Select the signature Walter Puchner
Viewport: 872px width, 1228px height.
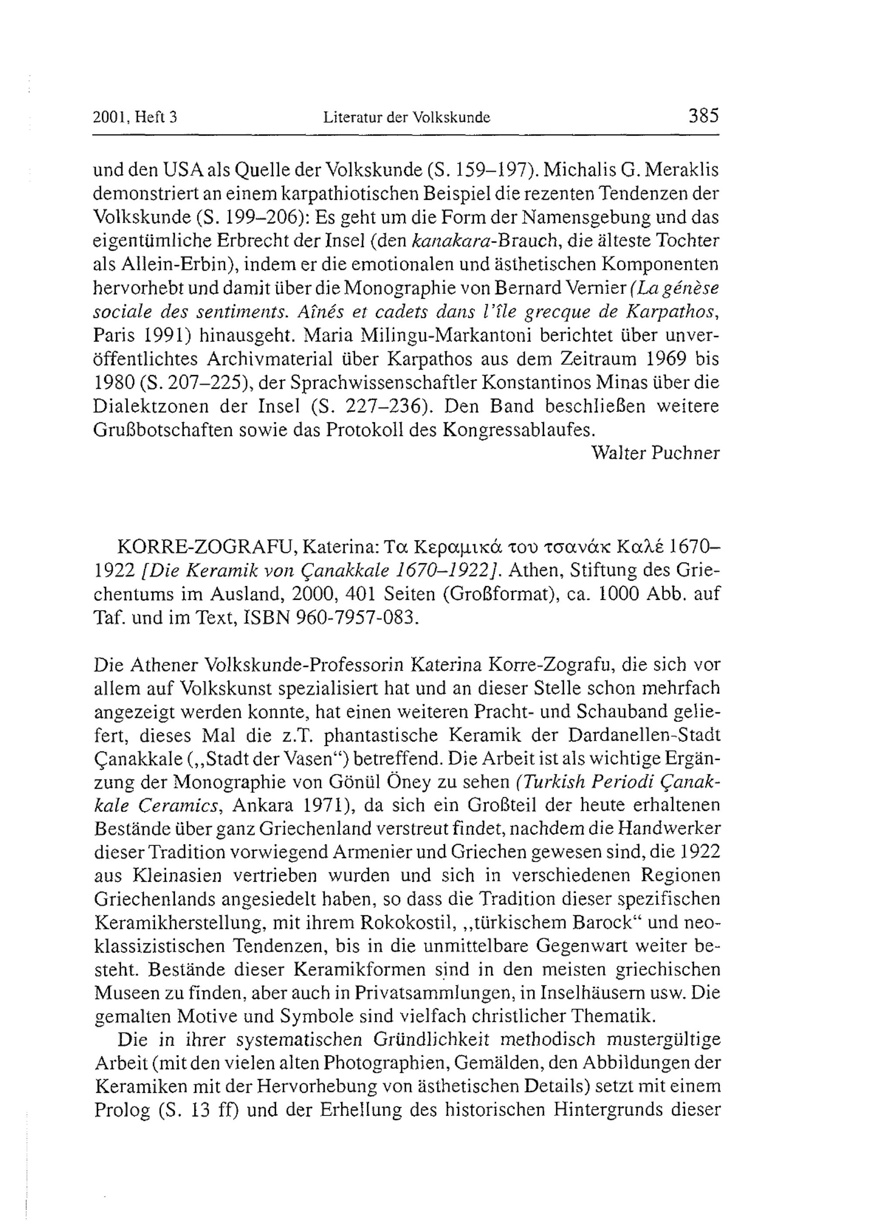tap(654, 453)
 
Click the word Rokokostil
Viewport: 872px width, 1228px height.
tap(406, 922)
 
